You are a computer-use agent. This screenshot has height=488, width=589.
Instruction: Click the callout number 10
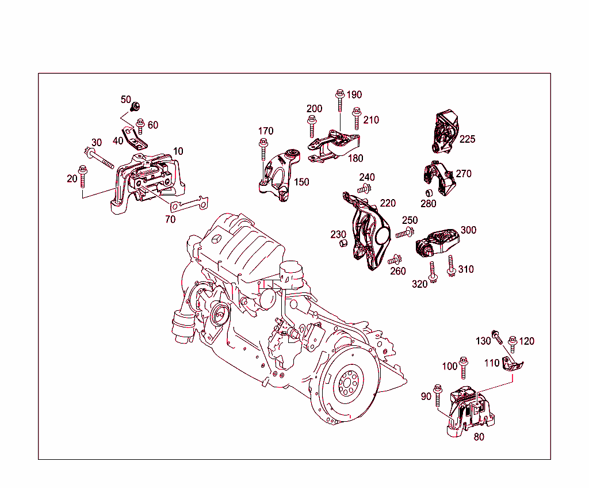click(178, 151)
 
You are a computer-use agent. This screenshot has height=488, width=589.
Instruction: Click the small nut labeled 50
click(137, 106)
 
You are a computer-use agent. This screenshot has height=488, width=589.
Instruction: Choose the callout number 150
click(301, 182)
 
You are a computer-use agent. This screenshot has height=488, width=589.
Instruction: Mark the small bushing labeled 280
click(429, 192)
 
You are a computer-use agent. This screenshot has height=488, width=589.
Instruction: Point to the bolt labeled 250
click(406, 233)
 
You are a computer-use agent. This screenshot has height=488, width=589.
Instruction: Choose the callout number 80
click(479, 437)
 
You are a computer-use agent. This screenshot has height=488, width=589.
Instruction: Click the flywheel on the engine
click(349, 382)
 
